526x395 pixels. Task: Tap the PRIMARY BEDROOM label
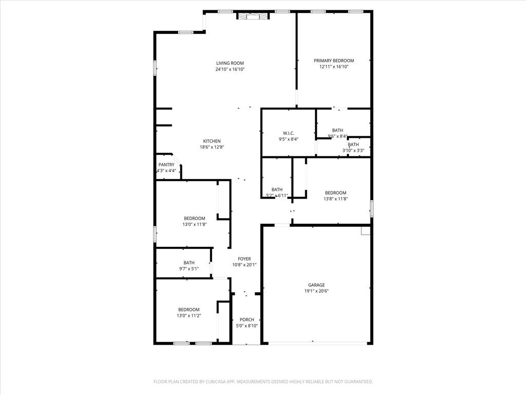click(334, 61)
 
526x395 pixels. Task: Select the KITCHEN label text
click(212, 141)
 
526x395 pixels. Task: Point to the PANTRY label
click(166, 165)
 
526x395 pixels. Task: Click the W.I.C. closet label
click(288, 133)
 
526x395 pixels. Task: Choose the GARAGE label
click(316, 285)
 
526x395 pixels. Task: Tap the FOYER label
click(244, 259)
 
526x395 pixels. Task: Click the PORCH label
click(247, 320)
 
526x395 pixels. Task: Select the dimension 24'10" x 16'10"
click(230, 69)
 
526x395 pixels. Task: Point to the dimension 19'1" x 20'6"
click(316, 291)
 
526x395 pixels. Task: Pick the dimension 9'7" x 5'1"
click(189, 268)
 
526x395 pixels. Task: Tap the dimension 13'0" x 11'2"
click(189, 315)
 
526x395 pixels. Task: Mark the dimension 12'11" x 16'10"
click(334, 66)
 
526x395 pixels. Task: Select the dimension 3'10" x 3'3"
click(353, 151)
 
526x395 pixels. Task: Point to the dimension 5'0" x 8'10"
click(247, 326)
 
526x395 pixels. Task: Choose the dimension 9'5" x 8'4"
click(288, 139)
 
